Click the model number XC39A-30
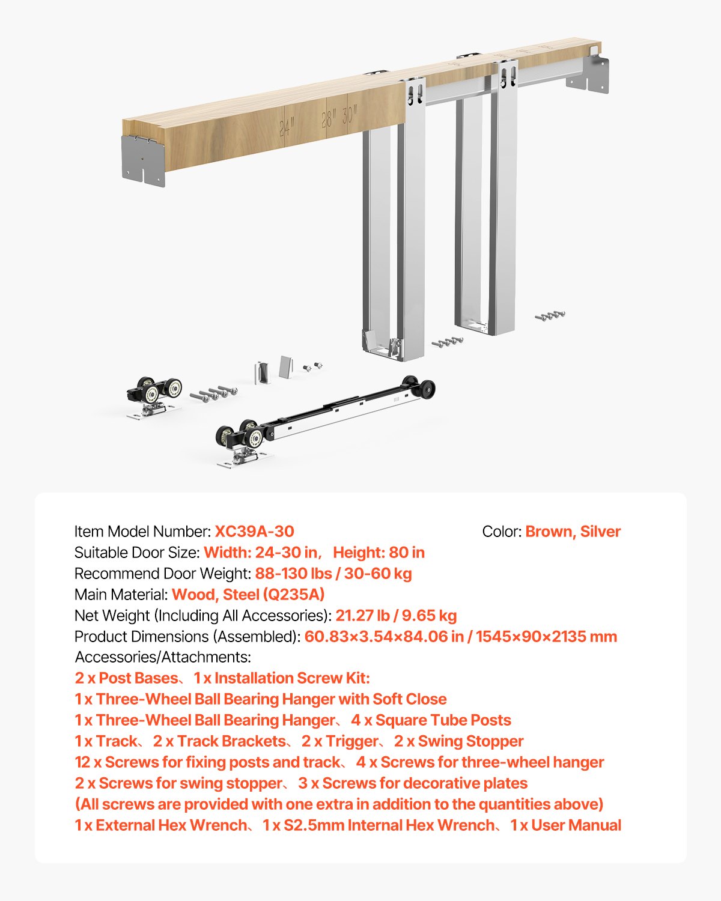pyautogui.click(x=254, y=532)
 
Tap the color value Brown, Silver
pyautogui.click(x=573, y=532)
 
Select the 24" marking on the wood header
pyautogui.click(x=287, y=127)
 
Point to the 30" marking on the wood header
pyautogui.click(x=350, y=114)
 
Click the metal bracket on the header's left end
pyautogui.click(x=143, y=160)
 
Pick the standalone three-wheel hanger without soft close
pyautogui.click(x=154, y=396)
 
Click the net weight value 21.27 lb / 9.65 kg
pyautogui.click(x=396, y=616)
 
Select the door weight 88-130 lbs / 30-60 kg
pyautogui.click(x=333, y=574)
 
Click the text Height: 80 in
pyautogui.click(x=379, y=553)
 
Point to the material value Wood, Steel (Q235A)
pyautogui.click(x=248, y=595)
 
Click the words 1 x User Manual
pyautogui.click(x=565, y=825)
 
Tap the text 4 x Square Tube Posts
pyautogui.click(x=431, y=720)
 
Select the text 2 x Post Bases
pyautogui.click(x=126, y=678)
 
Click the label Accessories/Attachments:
pyautogui.click(x=163, y=657)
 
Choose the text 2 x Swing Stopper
pyautogui.click(x=458, y=741)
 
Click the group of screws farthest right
pyautogui.click(x=550, y=316)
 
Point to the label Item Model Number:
pyautogui.click(x=142, y=532)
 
